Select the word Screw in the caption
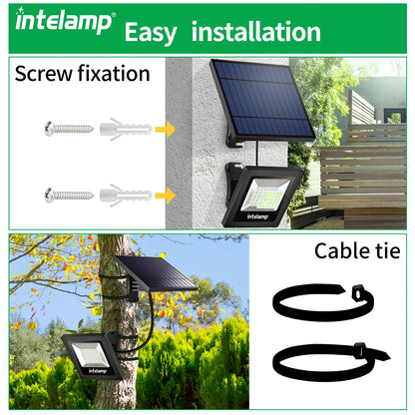pyautogui.click(x=47, y=73)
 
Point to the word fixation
pyautogui.click(x=118, y=73)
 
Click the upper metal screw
pyautogui.click(x=66, y=129)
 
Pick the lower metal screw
pyautogui.click(x=66, y=195)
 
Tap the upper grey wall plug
pyautogui.click(x=126, y=129)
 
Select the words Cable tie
pyautogui.click(x=356, y=249)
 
